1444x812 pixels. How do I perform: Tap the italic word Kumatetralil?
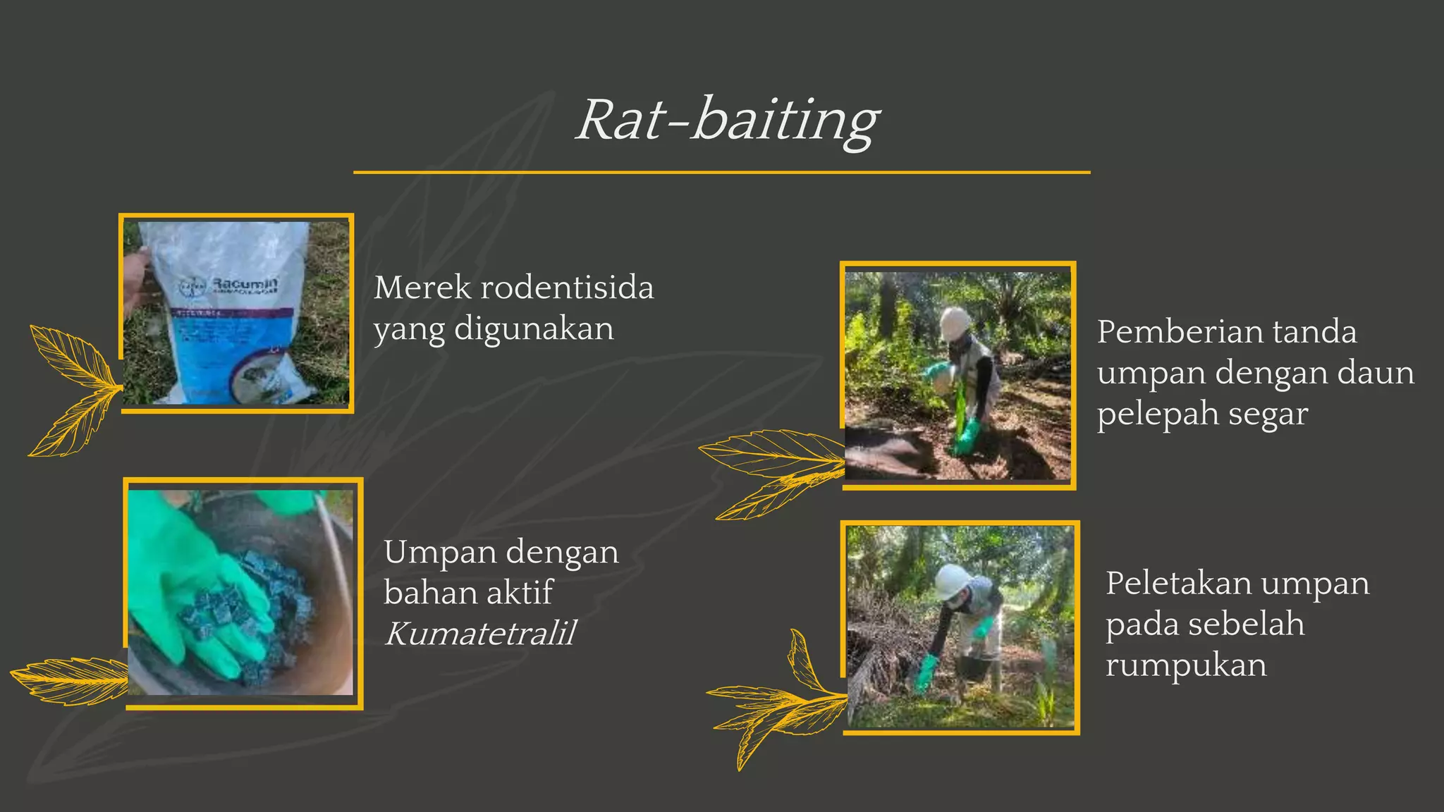coord(480,633)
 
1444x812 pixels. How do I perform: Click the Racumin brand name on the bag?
coord(245,282)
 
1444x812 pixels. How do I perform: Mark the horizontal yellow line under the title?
coord(721,172)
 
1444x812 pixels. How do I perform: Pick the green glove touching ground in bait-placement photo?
coord(925,673)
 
